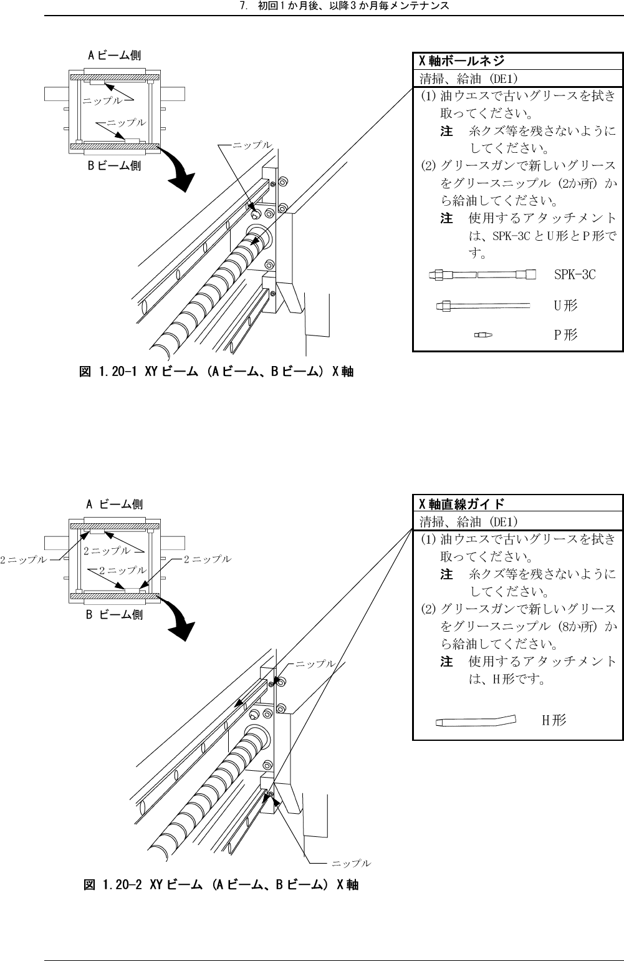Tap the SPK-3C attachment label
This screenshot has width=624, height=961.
pos(575,274)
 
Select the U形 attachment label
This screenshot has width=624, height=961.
pos(565,306)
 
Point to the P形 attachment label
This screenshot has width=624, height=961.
pos(565,336)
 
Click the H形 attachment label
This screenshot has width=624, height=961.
pos(554,721)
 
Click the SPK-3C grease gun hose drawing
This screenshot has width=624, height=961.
pos(482,274)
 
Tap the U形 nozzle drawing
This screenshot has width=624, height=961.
pos(482,306)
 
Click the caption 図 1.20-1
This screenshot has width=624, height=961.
pos(217,372)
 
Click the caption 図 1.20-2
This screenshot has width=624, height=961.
pos(221,884)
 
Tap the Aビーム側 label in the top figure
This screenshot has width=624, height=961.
pos(113,56)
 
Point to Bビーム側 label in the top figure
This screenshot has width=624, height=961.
pos(113,166)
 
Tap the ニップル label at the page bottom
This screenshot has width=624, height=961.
pos(351,863)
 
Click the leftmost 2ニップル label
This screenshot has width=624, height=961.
pos(24,559)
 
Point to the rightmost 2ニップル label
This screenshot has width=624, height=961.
pos(207,559)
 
